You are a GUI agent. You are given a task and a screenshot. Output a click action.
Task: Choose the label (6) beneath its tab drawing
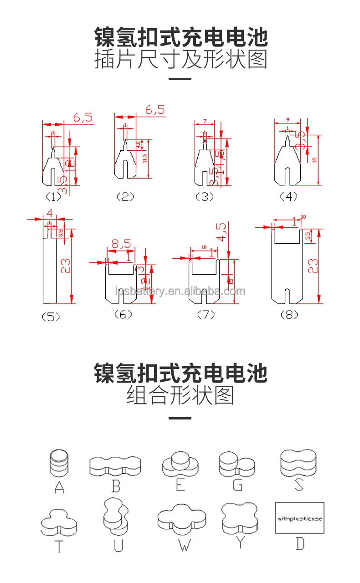(x=123, y=314)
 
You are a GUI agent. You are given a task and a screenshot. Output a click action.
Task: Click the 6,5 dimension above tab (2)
(x=155, y=110)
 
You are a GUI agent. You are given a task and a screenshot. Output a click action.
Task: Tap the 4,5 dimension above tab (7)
(x=221, y=232)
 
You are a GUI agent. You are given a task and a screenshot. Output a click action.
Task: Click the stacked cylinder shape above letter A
(x=60, y=463)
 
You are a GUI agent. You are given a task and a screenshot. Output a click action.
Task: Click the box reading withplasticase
(x=299, y=518)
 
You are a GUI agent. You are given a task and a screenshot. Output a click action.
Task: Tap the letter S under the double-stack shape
(x=298, y=484)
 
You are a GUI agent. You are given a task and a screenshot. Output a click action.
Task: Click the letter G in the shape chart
(x=237, y=485)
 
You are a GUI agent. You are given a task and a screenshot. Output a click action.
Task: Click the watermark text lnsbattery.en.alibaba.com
(x=180, y=291)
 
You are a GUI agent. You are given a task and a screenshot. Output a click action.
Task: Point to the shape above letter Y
(x=239, y=519)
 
